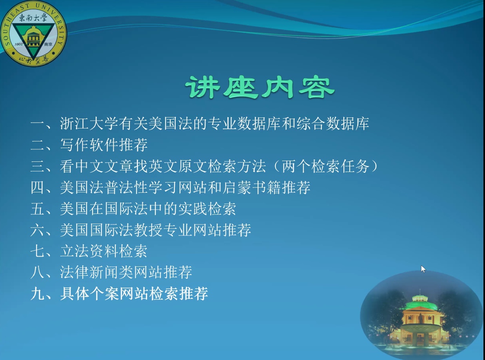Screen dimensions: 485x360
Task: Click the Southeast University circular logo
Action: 33,33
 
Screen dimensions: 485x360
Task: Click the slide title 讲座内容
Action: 260,88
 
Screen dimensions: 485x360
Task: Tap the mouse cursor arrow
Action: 423,269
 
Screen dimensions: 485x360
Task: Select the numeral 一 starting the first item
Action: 37,124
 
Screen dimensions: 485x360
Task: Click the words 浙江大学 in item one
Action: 89,124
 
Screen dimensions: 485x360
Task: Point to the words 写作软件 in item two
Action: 89,145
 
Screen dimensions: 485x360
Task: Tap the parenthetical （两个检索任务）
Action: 325,166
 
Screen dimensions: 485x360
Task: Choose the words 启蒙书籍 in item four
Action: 252,187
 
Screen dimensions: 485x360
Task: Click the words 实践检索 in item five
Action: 207,209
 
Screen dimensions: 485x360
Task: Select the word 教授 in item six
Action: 148,230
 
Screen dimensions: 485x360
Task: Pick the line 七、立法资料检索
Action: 89,251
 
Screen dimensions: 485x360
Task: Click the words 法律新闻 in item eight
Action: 89,272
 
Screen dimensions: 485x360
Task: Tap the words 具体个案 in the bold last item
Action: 89,293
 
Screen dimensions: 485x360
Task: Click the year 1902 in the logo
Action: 19,44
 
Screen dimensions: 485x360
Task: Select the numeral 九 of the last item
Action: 37,293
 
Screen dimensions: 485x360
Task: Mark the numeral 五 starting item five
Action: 37,209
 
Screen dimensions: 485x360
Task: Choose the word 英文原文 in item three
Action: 178,166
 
